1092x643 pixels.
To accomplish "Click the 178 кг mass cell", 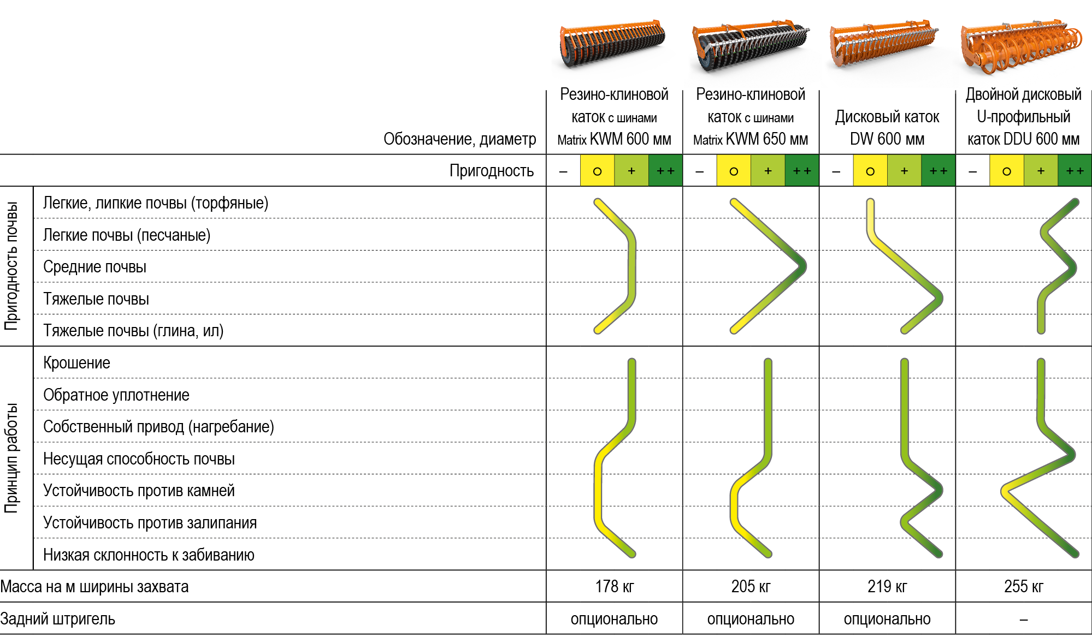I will point(614,587).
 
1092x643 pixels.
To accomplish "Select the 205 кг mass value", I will point(751,587).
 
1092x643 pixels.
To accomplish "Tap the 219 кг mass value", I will point(887,587).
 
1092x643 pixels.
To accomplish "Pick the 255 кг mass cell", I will point(1023,587).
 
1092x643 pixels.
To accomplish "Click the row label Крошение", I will point(76,363).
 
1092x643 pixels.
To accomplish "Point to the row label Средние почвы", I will point(95,267).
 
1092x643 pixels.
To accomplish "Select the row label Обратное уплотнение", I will point(116,395).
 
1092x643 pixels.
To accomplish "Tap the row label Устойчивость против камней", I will point(139,491).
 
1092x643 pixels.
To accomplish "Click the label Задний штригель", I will point(58,619).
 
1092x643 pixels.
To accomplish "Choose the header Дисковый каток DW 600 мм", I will point(887,128).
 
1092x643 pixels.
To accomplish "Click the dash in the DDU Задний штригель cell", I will point(1023,620).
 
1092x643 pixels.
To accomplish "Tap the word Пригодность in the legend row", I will point(491,171).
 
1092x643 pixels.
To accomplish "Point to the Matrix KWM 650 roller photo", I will point(751,49).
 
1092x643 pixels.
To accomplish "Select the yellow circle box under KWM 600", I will point(597,171).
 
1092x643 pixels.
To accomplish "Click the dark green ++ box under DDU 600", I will point(1075,171).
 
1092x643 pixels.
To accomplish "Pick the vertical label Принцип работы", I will point(12,457).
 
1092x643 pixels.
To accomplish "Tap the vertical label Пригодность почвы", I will point(12,266).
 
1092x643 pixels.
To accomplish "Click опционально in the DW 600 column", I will point(887,619).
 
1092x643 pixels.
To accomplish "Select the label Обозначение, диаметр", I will point(459,139).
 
